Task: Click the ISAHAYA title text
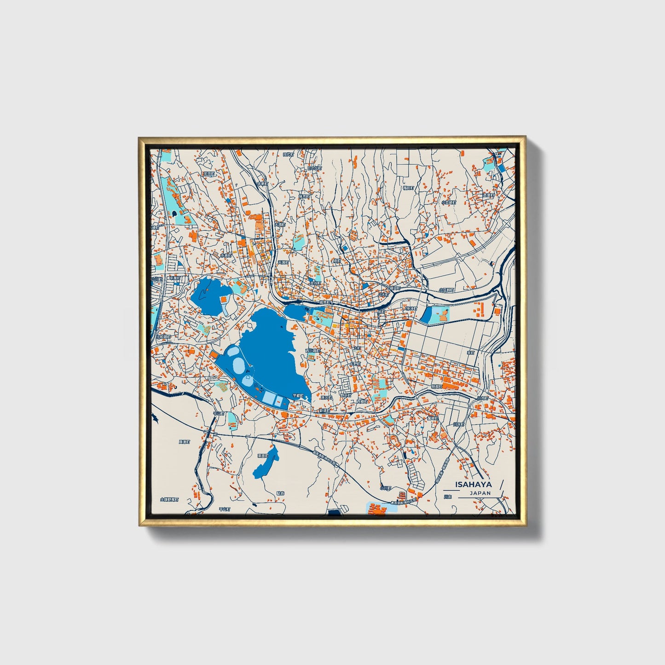[473, 484]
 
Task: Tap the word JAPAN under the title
[480, 493]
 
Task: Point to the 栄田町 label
[209, 174]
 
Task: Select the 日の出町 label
[315, 168]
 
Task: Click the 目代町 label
[288, 155]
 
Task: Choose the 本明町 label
[262, 184]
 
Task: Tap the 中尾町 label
[174, 278]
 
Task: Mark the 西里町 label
[488, 196]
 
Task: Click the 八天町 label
[383, 293]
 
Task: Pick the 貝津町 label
[184, 442]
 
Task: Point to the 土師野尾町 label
[169, 499]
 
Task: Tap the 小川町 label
[385, 488]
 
